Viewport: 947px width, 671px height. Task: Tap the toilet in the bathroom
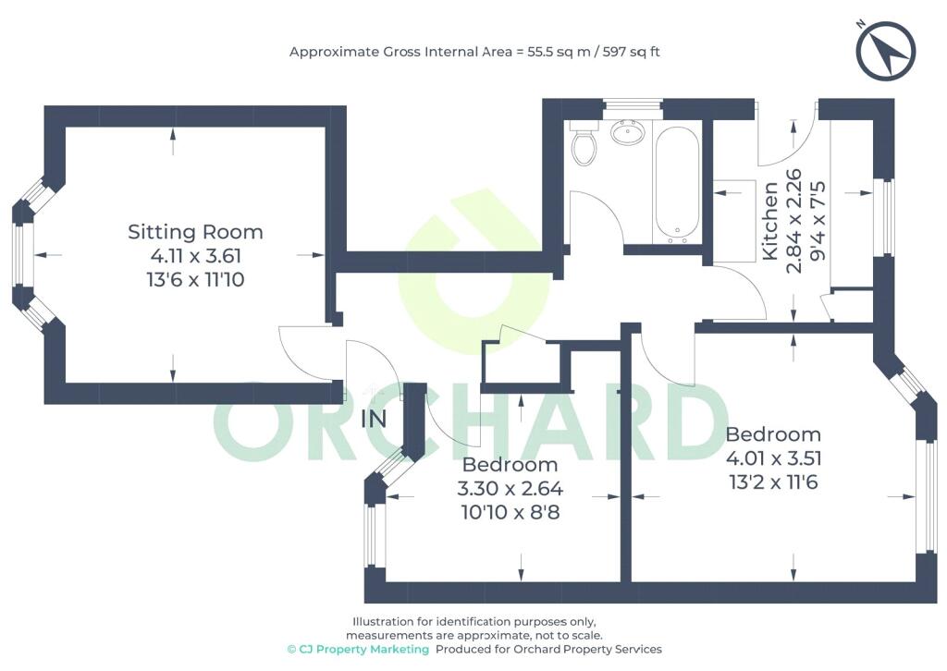(x=584, y=143)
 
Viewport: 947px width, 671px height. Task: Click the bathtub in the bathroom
(x=677, y=184)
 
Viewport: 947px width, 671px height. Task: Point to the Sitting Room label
(x=195, y=232)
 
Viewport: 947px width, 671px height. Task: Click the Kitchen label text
(x=770, y=221)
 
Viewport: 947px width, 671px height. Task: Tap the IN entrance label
(x=374, y=419)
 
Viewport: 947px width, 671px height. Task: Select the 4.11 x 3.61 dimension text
(x=195, y=256)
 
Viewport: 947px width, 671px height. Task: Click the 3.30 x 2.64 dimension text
(x=510, y=488)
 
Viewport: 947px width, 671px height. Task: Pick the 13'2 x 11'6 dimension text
(x=773, y=482)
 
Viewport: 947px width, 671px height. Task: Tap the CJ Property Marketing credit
(x=358, y=649)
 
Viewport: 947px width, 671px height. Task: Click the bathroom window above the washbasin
(x=633, y=106)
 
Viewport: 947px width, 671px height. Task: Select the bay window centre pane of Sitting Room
(x=18, y=255)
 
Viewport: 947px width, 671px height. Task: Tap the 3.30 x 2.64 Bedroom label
(x=510, y=465)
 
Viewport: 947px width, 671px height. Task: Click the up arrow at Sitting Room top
(x=173, y=142)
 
